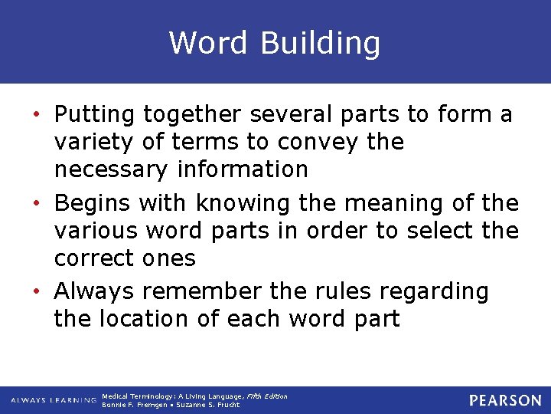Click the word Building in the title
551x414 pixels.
click(x=320, y=44)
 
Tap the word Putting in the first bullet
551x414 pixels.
click(x=95, y=115)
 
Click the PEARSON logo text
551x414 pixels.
click(x=505, y=400)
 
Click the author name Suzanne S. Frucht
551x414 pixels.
click(x=208, y=405)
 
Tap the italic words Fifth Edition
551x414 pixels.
click(x=267, y=396)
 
